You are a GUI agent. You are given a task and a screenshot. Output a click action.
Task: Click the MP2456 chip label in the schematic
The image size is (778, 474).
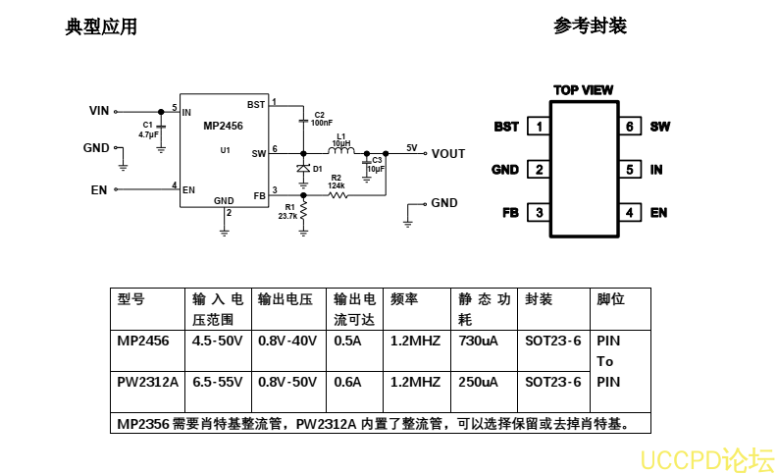pyautogui.click(x=223, y=126)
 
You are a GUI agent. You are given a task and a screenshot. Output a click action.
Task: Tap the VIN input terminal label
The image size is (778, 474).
pyautogui.click(x=99, y=111)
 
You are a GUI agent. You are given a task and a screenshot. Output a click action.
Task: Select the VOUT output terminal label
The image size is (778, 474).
pyautogui.click(x=448, y=153)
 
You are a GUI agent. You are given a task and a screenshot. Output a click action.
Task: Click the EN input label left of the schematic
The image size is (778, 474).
pyautogui.click(x=99, y=189)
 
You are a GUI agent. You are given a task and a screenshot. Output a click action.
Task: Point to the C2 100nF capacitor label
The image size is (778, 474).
pyautogui.click(x=321, y=119)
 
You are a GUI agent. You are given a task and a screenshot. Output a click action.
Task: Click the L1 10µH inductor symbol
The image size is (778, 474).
pyautogui.click(x=341, y=152)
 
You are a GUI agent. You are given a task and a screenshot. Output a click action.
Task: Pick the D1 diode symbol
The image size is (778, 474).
pyautogui.click(x=303, y=169)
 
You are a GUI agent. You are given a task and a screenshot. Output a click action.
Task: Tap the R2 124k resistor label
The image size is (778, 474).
pyautogui.click(x=336, y=181)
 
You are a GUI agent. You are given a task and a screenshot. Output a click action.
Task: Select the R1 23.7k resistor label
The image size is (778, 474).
pyautogui.click(x=287, y=212)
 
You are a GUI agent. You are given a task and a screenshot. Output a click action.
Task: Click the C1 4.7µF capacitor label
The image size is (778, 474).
pyautogui.click(x=148, y=130)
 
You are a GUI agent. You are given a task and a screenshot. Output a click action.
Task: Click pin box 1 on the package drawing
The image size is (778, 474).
pyautogui.click(x=538, y=127)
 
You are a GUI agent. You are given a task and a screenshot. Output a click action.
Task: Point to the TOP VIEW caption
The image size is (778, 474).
pyautogui.click(x=583, y=90)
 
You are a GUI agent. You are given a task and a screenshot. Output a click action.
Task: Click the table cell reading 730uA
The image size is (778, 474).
pyautogui.click(x=478, y=341)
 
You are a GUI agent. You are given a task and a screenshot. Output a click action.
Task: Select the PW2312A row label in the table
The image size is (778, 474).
pyautogui.click(x=147, y=382)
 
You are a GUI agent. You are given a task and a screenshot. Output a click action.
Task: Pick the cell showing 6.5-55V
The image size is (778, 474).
pyautogui.click(x=217, y=382)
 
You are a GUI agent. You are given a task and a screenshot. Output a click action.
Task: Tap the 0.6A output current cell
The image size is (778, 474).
pyautogui.click(x=347, y=382)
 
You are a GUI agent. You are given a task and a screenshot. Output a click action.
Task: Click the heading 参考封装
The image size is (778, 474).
pyautogui.click(x=590, y=26)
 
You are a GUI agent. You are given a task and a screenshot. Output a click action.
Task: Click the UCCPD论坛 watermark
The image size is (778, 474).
pyautogui.click(x=706, y=458)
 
